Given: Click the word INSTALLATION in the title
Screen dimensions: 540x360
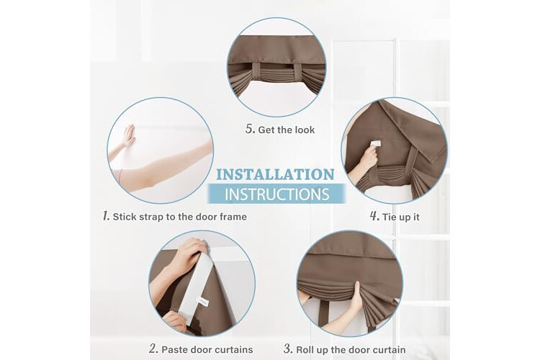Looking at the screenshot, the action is [x=275, y=174].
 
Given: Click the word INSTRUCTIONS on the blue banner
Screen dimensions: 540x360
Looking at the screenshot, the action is [x=277, y=194].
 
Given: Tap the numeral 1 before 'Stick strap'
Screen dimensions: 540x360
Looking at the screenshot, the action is [x=106, y=216].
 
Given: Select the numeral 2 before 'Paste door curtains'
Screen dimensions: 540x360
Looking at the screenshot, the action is [x=153, y=348].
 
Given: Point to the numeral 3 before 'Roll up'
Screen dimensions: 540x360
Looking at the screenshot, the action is [x=288, y=348].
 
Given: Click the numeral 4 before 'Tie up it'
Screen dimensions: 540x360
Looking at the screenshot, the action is [x=374, y=216].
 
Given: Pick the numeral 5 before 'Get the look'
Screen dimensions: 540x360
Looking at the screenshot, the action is [x=251, y=129].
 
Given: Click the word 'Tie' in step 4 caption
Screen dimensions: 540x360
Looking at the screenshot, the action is [x=389, y=217].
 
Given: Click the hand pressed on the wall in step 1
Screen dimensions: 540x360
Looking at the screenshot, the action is [x=129, y=135].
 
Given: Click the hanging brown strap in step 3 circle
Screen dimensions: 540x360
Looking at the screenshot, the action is [x=323, y=312].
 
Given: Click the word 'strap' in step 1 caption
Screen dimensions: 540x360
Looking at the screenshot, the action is [x=152, y=217].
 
